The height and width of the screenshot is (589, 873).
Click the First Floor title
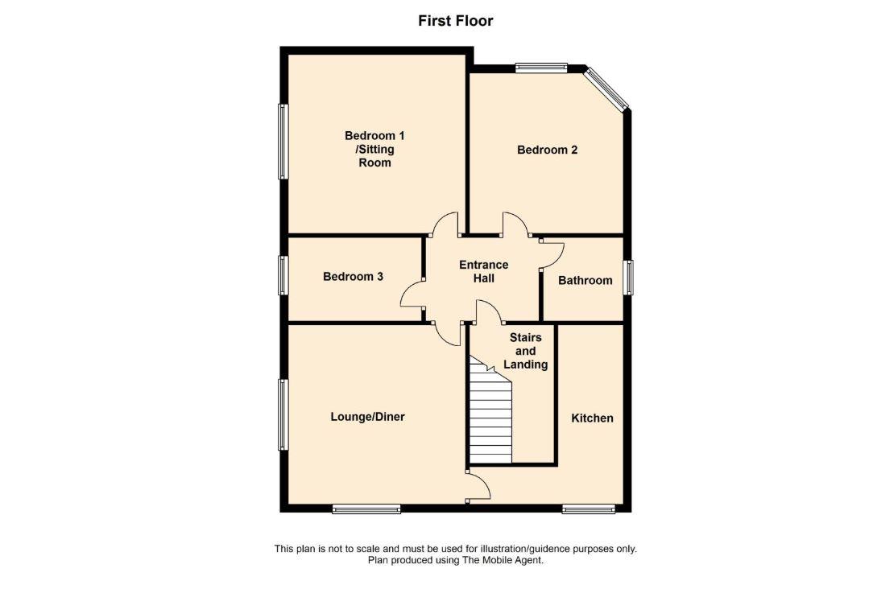(x=455, y=21)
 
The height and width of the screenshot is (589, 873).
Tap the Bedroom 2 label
(x=547, y=150)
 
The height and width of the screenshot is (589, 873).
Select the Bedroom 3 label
(x=353, y=277)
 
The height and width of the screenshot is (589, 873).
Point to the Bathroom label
(x=585, y=281)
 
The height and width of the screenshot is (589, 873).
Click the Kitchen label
(x=592, y=418)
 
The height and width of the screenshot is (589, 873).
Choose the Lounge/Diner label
(x=367, y=417)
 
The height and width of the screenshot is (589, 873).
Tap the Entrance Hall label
(x=483, y=271)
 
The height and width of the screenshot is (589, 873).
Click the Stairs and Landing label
(x=525, y=351)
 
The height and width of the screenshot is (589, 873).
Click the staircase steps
(x=490, y=418)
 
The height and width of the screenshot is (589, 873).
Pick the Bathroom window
(x=628, y=278)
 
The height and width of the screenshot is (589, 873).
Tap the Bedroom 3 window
(x=283, y=275)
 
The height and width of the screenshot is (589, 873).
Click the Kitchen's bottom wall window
(x=589, y=509)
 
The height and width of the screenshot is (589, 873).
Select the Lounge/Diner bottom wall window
(x=366, y=509)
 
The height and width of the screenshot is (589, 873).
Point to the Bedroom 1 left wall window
(x=283, y=142)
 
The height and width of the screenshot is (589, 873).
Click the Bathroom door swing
(x=551, y=253)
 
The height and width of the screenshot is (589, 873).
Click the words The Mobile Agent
(x=507, y=560)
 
